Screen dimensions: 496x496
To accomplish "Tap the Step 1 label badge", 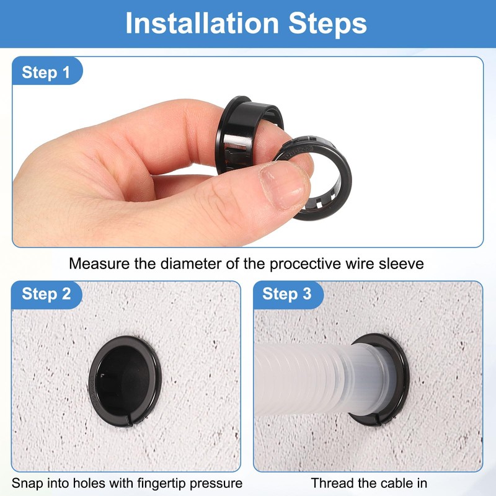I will (46, 73).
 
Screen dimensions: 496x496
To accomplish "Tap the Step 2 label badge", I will (46, 294).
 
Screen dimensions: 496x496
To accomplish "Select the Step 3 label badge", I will (286, 294).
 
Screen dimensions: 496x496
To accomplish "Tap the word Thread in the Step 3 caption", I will (330, 483).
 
